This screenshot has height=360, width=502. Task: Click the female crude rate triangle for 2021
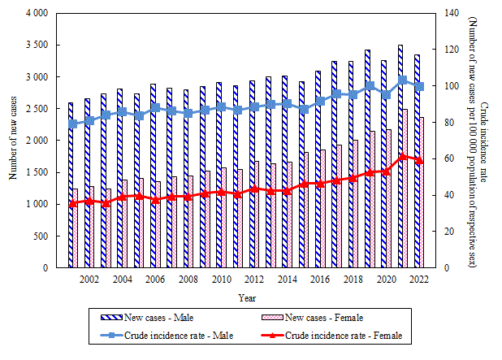(403, 156)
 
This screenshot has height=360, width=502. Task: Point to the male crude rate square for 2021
(403, 80)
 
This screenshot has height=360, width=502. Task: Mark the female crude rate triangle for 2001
(73, 203)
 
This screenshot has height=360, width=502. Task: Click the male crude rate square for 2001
(73, 124)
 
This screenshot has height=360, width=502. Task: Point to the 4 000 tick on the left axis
(37, 14)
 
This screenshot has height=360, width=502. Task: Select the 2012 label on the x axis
(254, 280)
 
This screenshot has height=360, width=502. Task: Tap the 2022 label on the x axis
(419, 280)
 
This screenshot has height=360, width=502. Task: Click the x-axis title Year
(247, 298)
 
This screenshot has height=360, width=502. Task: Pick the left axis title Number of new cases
(13, 140)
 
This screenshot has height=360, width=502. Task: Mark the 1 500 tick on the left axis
(37, 172)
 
